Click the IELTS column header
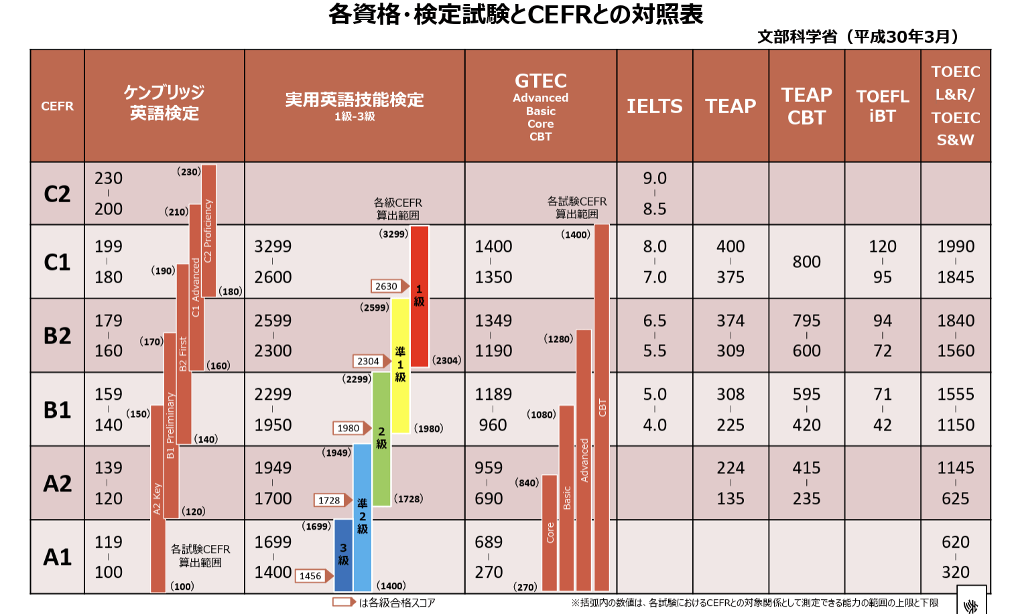pyautogui.click(x=654, y=106)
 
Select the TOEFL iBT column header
pyautogui.click(x=882, y=106)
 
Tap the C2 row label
pyautogui.click(x=57, y=194)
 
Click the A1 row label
pyautogui.click(x=57, y=557)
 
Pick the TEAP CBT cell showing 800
pyautogui.click(x=806, y=262)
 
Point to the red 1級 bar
pyautogui.click(x=420, y=295)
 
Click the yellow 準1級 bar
pyautogui.click(x=400, y=365)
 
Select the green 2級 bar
pyautogui.click(x=381, y=439)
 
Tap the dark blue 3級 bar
pyautogui.click(x=343, y=554)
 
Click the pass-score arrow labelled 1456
pyautogui.click(x=312, y=576)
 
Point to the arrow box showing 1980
pyautogui.click(x=351, y=429)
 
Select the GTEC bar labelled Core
pyautogui.click(x=550, y=532)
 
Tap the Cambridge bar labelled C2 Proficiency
pyautogui.click(x=208, y=230)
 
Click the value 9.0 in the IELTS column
pyautogui.click(x=654, y=178)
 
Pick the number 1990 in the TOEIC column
pyautogui.click(x=955, y=246)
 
